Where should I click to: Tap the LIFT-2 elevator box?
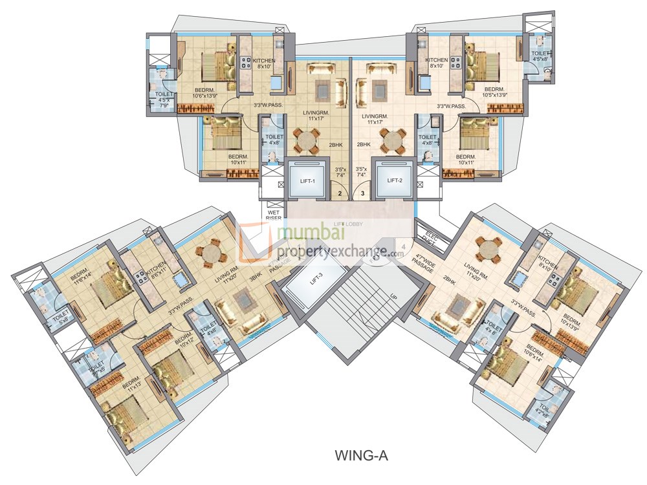395,180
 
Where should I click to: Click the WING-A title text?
360,455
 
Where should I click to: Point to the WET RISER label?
273,214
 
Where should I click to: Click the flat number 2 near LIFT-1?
340,192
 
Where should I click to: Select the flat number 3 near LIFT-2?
363,192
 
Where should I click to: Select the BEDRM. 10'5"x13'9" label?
494,92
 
